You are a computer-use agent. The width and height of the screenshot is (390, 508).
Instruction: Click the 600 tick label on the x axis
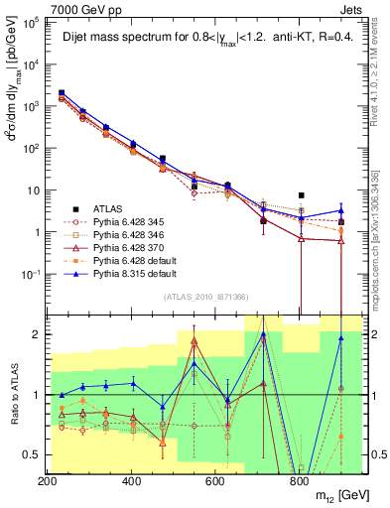tap(215, 480)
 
